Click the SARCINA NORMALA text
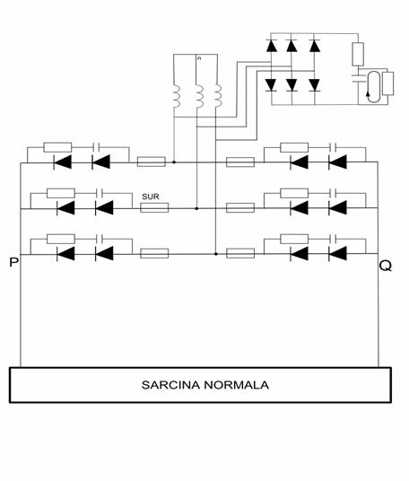click(x=205, y=385)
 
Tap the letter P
click(x=13, y=263)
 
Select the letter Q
click(x=386, y=266)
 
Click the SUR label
click(x=151, y=197)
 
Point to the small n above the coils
click(x=199, y=58)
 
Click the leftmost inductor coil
click(x=176, y=96)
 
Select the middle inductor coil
click(x=200, y=97)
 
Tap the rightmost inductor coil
click(x=218, y=96)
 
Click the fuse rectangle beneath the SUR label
click(x=154, y=207)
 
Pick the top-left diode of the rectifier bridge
click(x=272, y=46)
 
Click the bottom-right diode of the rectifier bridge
click(x=315, y=85)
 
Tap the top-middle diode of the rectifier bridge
click(x=292, y=46)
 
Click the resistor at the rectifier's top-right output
click(x=358, y=55)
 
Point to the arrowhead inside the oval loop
click(x=368, y=93)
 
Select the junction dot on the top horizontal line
click(x=174, y=162)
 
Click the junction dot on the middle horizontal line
click(x=196, y=208)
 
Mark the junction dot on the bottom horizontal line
click(x=216, y=254)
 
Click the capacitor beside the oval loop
click(x=358, y=78)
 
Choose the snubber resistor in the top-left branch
click(x=57, y=147)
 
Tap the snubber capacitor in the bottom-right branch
click(x=333, y=239)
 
